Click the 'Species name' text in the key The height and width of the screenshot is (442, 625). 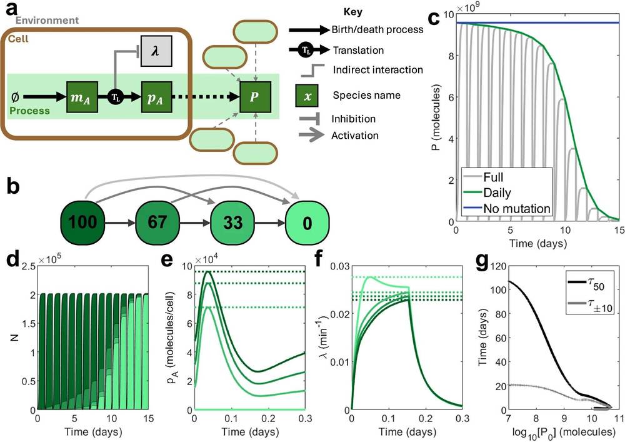click(x=362, y=96)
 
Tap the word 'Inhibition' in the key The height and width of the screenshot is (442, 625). click(x=354, y=119)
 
